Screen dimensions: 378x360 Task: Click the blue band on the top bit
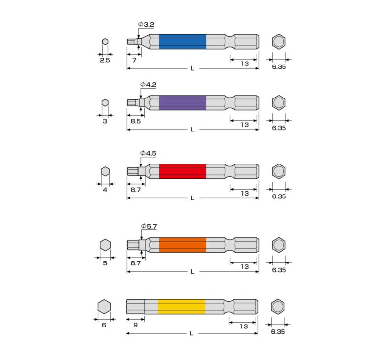(183, 42)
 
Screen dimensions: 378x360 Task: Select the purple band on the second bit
(183, 103)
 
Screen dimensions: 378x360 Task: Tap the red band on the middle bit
(183, 171)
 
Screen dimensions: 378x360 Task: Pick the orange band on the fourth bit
(183, 245)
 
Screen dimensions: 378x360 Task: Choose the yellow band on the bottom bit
(182, 307)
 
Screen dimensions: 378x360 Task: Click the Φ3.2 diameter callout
(146, 24)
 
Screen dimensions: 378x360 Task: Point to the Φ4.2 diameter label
(148, 85)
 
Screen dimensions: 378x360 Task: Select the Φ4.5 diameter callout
(148, 153)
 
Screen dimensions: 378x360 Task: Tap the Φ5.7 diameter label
(149, 227)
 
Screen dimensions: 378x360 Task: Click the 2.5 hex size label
(105, 60)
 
